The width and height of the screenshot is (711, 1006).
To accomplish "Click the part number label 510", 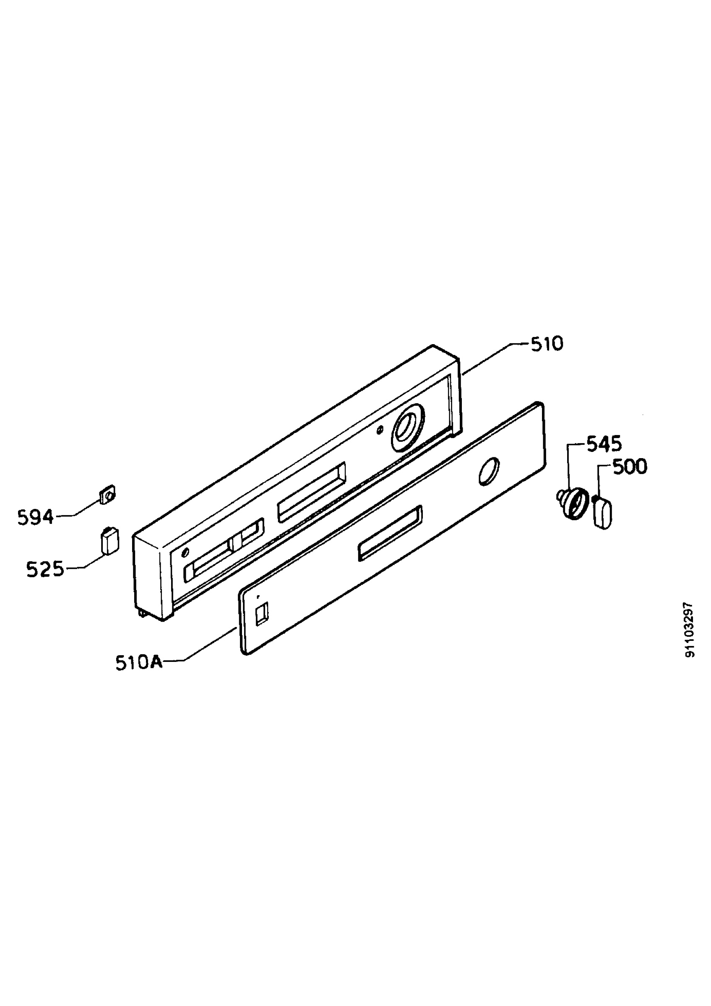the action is point(547,345).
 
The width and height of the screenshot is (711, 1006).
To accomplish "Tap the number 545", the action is point(604,445).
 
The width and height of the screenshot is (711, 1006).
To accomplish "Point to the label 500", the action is point(630,467).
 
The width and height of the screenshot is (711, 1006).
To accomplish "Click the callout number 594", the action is point(36,517).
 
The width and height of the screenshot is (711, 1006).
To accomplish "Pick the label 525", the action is point(45,569).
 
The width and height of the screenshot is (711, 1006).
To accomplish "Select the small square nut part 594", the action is point(107,495).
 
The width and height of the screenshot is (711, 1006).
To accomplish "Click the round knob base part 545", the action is point(572,503).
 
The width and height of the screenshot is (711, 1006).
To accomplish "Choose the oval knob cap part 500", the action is point(603,512).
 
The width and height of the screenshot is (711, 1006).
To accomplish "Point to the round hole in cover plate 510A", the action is point(489,472).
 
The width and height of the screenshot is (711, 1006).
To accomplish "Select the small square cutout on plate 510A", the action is point(262,613).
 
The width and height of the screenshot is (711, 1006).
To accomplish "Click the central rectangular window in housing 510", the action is point(312,493).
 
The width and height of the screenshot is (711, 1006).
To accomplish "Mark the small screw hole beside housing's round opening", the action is point(380,431).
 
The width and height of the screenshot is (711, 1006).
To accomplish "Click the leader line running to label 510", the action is point(496,359).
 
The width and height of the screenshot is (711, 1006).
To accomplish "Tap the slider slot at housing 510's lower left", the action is point(224,551).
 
